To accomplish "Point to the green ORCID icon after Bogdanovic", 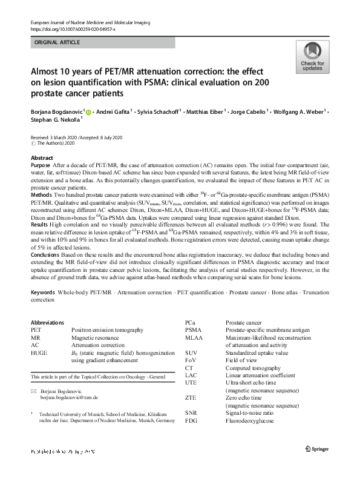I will [88, 111].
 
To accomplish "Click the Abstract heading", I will [42, 157].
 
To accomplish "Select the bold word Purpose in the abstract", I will [40, 165].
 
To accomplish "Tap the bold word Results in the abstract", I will [40, 224].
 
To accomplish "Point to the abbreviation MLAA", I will [195, 338].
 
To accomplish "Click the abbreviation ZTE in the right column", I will [192, 398].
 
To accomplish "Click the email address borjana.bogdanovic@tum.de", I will [65, 398].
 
